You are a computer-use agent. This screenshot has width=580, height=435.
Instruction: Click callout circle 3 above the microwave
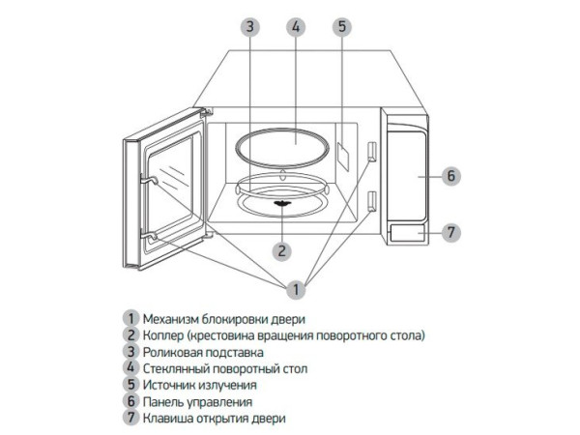point(249,26)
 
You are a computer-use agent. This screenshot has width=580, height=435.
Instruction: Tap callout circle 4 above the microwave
point(296,26)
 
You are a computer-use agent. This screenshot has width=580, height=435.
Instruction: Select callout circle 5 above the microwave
point(342,26)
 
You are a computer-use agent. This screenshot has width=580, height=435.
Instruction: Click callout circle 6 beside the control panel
point(451,176)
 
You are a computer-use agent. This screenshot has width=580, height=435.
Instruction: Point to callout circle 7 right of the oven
point(451,232)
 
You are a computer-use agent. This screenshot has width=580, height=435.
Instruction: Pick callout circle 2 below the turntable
point(281,250)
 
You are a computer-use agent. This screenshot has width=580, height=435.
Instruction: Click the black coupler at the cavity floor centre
point(281,203)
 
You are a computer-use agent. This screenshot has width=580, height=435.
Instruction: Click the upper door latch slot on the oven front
point(372,150)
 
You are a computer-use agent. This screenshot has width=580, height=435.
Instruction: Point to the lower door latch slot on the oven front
point(372,201)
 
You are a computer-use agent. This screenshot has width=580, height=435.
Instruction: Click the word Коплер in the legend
point(164,334)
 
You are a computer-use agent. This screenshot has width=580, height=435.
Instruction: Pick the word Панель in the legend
point(164,401)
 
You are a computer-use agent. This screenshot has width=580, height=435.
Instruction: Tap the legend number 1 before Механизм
point(129,318)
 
